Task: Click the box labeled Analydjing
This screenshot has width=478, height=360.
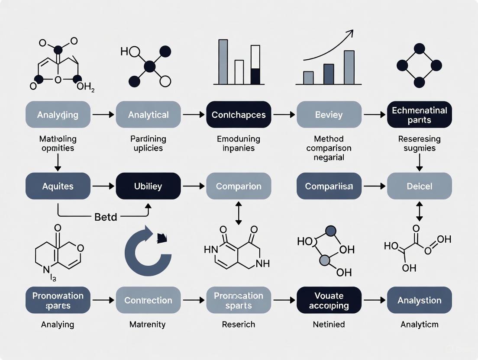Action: coord(58,115)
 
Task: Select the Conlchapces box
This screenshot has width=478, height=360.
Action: coord(239,115)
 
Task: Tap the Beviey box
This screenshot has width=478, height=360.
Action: coord(329,115)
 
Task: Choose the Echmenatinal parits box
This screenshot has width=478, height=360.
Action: coord(419,115)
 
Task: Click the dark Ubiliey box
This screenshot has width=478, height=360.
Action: coord(148,186)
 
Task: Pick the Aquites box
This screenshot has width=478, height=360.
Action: coord(58,186)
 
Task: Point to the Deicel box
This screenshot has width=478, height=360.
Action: coord(419,186)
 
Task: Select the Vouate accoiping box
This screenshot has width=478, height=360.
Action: coord(329,300)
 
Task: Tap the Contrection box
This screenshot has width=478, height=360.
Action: coord(148,300)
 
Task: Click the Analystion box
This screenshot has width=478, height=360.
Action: coord(419,300)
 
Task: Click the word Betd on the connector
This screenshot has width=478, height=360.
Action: coord(106,217)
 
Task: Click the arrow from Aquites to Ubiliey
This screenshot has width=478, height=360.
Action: coord(103,186)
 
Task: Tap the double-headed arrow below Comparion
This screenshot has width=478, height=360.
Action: coord(239,212)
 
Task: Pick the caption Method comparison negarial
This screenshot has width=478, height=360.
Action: coord(329,148)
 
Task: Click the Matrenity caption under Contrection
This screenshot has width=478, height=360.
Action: coord(148,324)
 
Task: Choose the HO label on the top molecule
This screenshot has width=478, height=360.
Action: coord(124,52)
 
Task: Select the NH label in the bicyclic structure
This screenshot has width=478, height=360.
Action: coord(263,263)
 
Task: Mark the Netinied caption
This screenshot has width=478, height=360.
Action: coord(329,324)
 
